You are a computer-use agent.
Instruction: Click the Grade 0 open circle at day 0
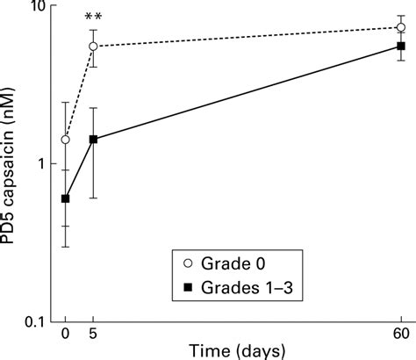click(65, 140)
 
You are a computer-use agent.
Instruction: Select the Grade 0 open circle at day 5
click(93, 47)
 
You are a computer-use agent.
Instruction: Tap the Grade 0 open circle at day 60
click(401, 27)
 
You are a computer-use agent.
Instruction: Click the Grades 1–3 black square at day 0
click(65, 198)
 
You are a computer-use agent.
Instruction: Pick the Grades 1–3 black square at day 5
click(93, 139)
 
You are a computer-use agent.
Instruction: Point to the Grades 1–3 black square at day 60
click(401, 46)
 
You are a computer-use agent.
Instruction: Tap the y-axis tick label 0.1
click(34, 321)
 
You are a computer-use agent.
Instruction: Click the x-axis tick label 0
click(65, 335)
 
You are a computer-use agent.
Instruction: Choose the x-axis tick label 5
click(93, 335)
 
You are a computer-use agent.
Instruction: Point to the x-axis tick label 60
click(401, 335)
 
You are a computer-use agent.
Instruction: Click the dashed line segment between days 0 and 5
click(79, 93)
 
